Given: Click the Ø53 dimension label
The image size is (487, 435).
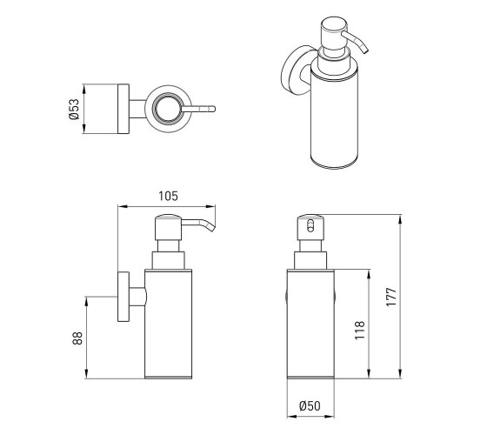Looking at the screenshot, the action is [x=74, y=109].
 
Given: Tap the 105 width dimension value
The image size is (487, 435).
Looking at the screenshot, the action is [x=169, y=196].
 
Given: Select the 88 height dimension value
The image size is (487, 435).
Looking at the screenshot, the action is [x=77, y=338].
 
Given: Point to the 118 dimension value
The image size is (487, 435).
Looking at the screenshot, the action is [x=359, y=331].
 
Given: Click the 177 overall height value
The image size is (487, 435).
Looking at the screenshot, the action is [x=391, y=298].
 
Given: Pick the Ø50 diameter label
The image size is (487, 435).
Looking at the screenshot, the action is [x=310, y=405].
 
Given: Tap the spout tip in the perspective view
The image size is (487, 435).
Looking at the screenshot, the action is [x=364, y=50].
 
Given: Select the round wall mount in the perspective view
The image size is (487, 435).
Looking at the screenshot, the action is [x=292, y=70].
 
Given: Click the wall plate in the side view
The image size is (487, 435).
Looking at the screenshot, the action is [x=123, y=297].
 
